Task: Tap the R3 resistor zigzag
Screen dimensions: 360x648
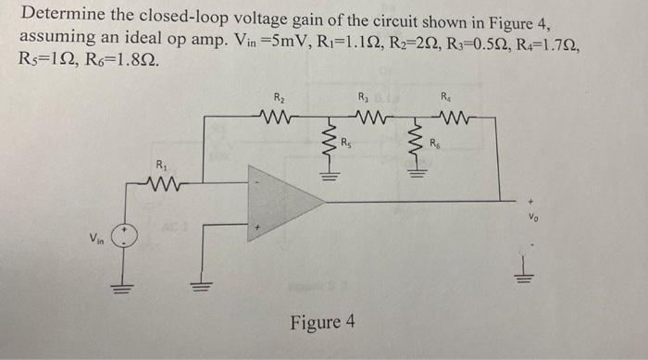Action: [x=363, y=117]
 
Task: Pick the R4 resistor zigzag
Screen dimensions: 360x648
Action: [x=452, y=117]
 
